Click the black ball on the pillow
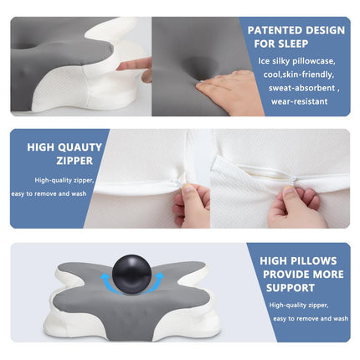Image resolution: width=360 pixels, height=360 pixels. tap(131, 274)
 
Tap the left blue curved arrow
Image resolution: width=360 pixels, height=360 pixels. tap(106, 282)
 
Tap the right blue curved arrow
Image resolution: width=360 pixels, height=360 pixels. tap(157, 281)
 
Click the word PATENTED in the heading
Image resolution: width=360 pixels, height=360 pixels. tap(275, 30)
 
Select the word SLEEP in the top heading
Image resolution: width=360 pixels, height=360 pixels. tap(294, 44)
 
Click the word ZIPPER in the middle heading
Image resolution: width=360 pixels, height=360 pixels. tap(75, 161)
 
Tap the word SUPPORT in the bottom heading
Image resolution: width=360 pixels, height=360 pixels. tap(291, 288)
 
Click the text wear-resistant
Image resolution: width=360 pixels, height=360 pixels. tap(299, 101)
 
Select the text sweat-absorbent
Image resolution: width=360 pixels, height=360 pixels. tap(301, 88)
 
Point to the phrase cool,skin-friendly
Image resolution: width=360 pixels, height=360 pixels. tap(299, 75)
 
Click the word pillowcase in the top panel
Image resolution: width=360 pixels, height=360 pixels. tap(313, 61)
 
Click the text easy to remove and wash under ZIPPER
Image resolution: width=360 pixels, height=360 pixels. tap(49, 193)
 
